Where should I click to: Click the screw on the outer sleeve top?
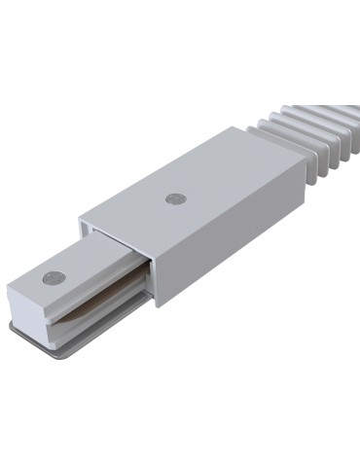pyautogui.click(x=175, y=197)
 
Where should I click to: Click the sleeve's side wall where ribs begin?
pyautogui.click(x=292, y=190)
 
